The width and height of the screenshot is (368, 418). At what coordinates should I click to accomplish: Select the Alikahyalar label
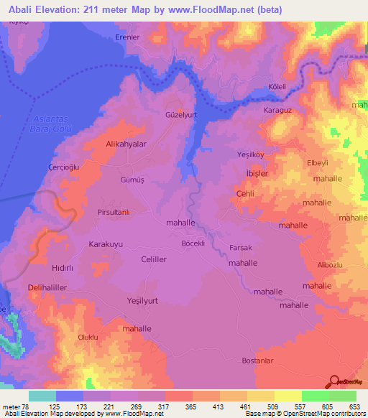126,144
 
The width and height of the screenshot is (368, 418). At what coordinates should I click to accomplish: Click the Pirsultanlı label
114,213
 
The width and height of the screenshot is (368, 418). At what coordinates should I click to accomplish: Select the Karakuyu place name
106,244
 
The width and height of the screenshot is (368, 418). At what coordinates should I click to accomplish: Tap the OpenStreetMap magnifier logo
333,382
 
